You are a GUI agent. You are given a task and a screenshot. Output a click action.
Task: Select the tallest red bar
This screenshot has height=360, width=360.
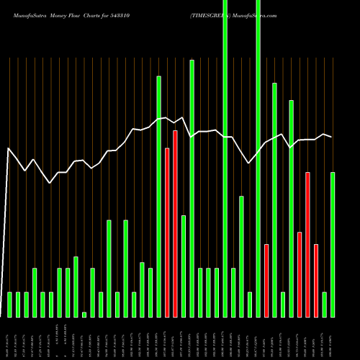(175, 223)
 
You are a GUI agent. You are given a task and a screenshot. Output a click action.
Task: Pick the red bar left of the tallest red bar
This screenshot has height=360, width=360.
(167, 232)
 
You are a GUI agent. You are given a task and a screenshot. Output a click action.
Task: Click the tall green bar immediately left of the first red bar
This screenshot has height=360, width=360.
(158, 196)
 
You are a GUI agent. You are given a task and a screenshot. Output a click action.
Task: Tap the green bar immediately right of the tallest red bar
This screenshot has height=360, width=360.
(184, 266)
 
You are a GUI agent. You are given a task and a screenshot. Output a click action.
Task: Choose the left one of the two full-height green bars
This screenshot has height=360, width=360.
(225, 158)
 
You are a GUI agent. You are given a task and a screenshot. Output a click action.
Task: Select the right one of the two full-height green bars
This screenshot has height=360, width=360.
(258, 158)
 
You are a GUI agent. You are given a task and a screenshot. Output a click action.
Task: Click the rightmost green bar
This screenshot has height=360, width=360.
(333, 244)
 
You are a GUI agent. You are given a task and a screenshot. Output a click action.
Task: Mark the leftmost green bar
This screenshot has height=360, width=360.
(9, 304)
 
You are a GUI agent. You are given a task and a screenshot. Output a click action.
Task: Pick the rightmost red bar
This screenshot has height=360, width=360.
(316, 280)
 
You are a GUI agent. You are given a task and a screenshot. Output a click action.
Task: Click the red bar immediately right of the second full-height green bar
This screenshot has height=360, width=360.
(266, 280)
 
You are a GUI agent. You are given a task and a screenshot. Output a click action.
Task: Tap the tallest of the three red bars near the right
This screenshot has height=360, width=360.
(307, 244)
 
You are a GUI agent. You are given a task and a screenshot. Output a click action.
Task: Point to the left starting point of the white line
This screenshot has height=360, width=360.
(9, 148)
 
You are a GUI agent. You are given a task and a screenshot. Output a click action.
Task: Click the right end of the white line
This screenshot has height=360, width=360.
(331, 137)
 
